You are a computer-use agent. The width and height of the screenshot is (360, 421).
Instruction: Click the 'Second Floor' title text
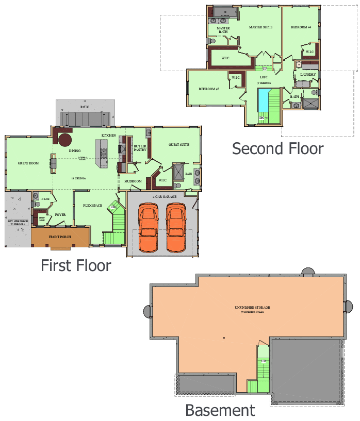(x=277, y=148)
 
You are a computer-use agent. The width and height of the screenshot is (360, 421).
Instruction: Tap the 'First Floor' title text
(x=76, y=265)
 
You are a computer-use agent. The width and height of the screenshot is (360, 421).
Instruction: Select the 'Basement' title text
(x=220, y=411)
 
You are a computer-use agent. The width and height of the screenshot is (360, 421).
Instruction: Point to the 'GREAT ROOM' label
(x=28, y=163)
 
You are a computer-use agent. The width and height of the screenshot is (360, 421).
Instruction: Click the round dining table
(x=65, y=140)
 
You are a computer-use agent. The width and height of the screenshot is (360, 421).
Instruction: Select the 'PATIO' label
(x=85, y=107)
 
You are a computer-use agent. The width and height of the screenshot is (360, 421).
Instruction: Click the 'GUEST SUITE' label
(x=179, y=145)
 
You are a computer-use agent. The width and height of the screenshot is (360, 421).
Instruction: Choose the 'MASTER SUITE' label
(x=260, y=27)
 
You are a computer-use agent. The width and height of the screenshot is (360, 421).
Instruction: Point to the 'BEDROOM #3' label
(x=209, y=89)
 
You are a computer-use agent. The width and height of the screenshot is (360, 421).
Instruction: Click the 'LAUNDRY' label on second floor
(x=308, y=75)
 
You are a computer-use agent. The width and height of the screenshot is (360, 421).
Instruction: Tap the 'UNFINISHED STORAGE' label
(x=252, y=308)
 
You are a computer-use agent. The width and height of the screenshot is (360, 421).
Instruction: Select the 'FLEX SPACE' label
(x=93, y=206)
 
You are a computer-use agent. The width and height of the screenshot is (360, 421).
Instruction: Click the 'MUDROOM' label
(x=133, y=181)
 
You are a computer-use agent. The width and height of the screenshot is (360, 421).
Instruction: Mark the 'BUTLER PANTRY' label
(x=140, y=148)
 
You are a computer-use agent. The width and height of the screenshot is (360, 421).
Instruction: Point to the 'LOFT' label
(x=264, y=77)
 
